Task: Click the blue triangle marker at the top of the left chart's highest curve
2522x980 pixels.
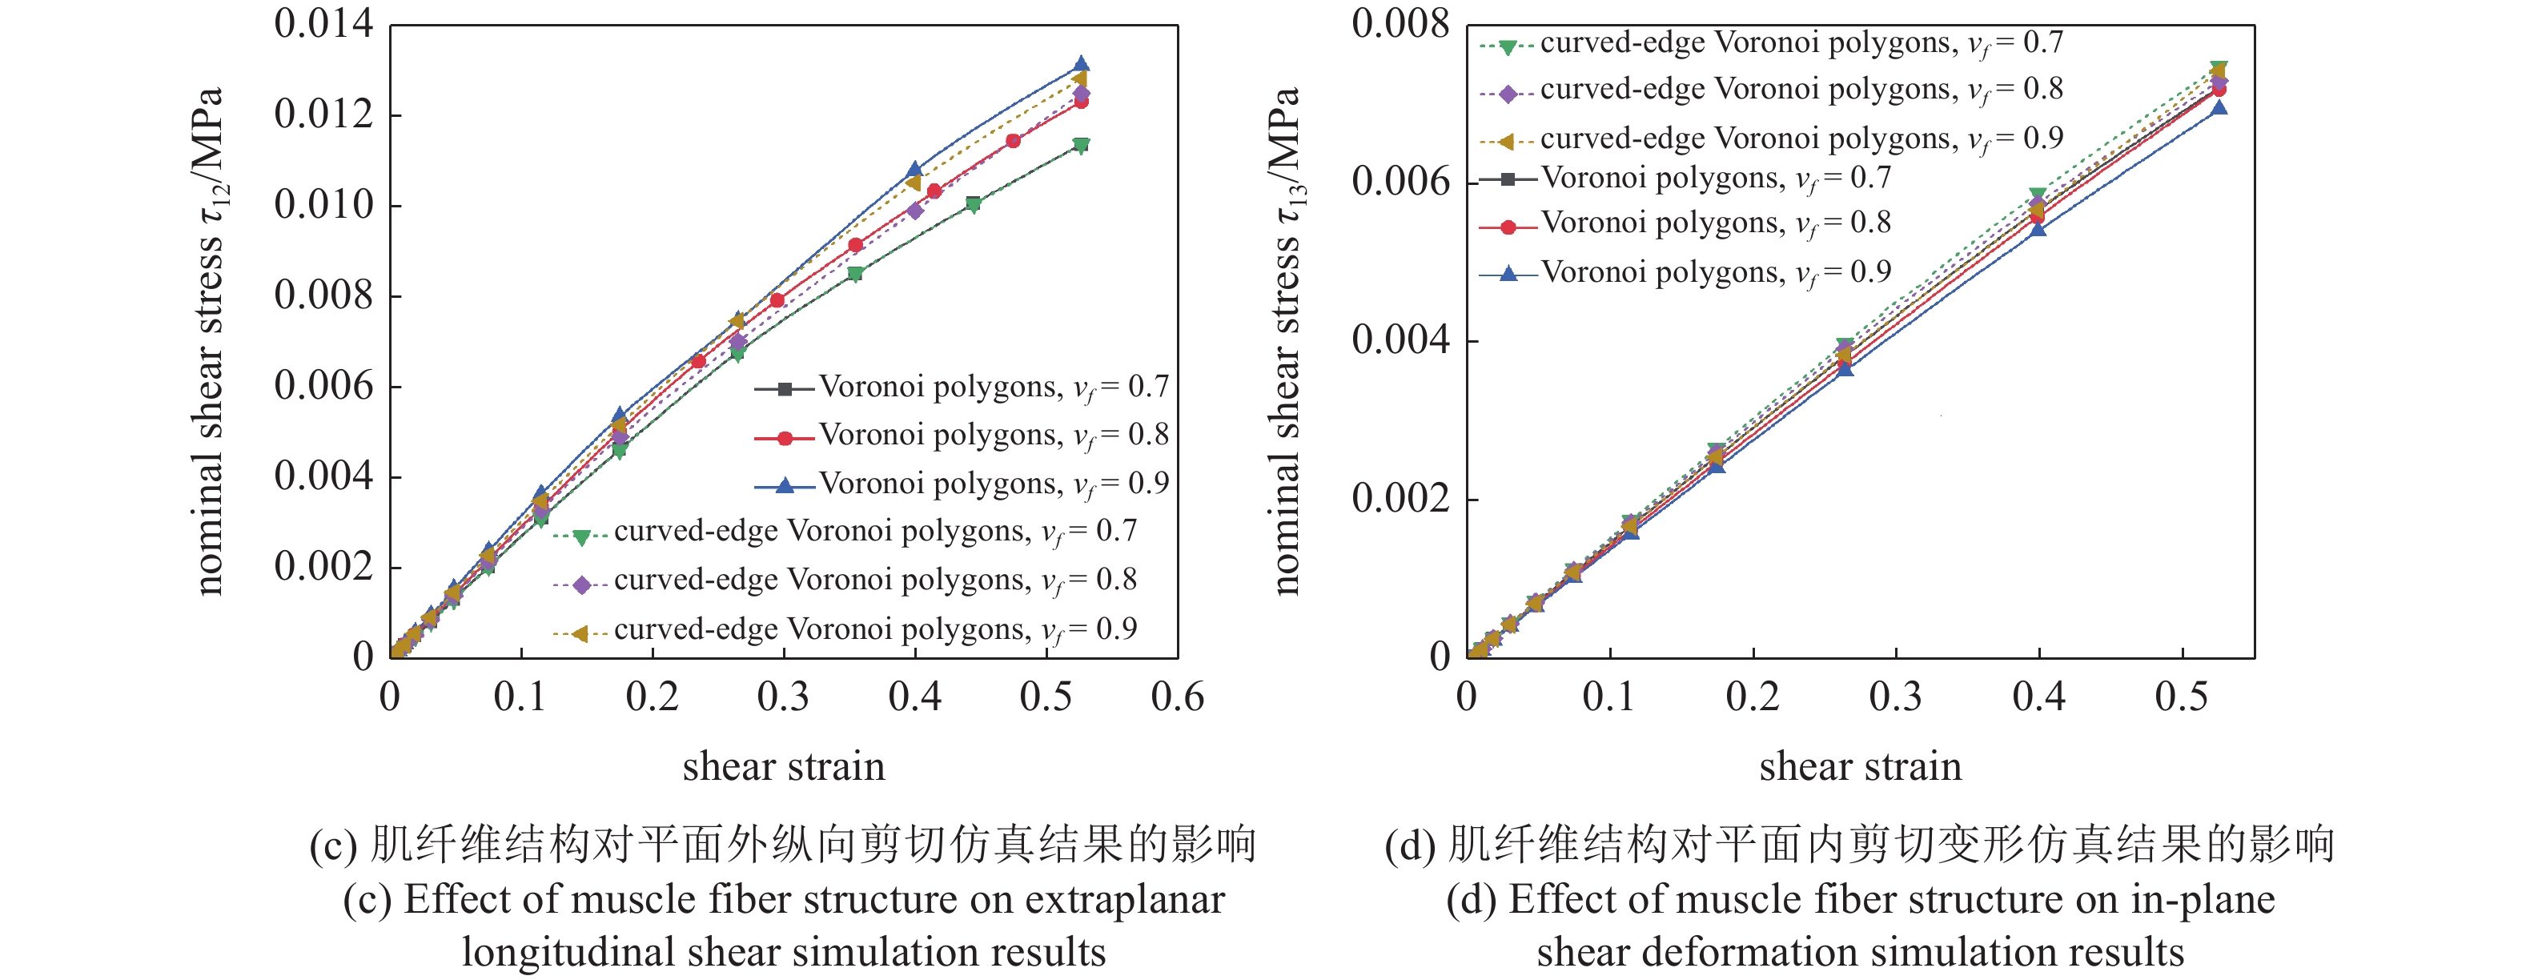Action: coord(1081,63)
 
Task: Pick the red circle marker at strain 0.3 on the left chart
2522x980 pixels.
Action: coord(777,299)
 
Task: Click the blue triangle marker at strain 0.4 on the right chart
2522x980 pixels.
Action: coord(2038,229)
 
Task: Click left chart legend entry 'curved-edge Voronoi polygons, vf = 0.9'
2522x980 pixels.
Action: coord(874,629)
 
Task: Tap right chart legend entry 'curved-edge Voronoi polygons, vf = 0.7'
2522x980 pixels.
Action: coord(1801,44)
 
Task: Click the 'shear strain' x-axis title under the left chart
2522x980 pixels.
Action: coord(783,766)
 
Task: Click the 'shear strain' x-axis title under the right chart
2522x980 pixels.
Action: coord(1860,766)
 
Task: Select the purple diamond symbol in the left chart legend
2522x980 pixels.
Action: coord(581,584)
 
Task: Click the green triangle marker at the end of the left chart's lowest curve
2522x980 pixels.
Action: coord(1081,146)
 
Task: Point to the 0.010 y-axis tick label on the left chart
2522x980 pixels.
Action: coord(323,206)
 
